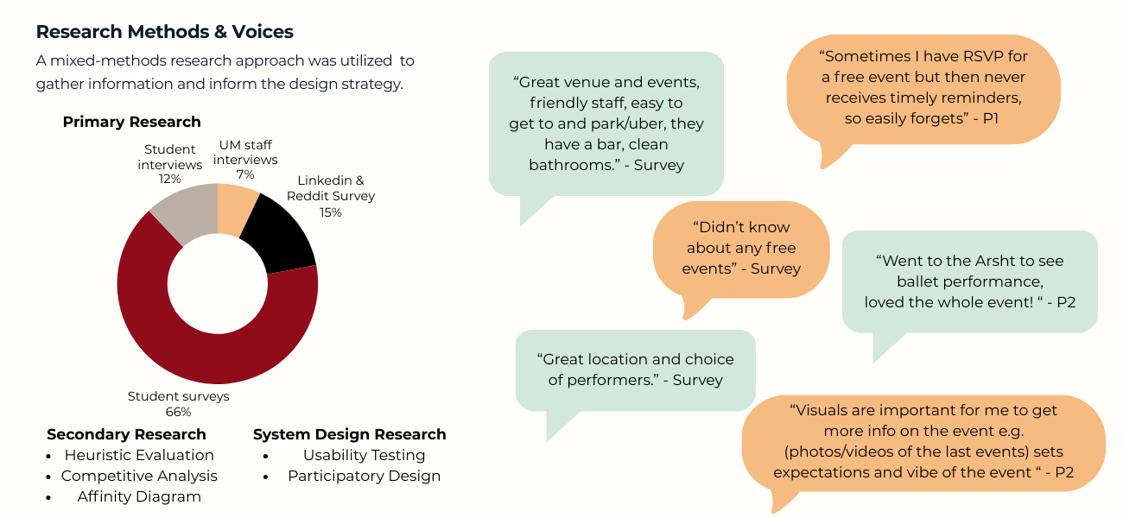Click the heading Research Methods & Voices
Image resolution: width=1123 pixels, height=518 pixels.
[x=164, y=32]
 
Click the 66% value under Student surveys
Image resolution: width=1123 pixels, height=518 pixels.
[x=179, y=412]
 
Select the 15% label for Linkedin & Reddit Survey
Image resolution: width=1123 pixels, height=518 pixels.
[x=331, y=212]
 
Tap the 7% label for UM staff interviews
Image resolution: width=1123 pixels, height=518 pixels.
[x=245, y=174]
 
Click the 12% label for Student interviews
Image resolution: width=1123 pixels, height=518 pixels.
[x=170, y=179]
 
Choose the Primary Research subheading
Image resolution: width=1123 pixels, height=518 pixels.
[x=132, y=122]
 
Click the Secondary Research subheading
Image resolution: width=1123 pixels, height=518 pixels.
[x=126, y=434]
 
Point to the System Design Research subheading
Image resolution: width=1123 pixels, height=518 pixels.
[x=350, y=434]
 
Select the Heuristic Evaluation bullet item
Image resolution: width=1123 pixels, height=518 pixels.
[x=139, y=455]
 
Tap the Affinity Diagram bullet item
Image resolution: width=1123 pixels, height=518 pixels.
[x=139, y=496]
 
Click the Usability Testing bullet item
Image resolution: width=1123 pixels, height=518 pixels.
[x=365, y=455]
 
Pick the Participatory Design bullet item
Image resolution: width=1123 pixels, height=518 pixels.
[x=365, y=476]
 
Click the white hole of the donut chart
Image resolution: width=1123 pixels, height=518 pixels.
[x=218, y=283]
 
